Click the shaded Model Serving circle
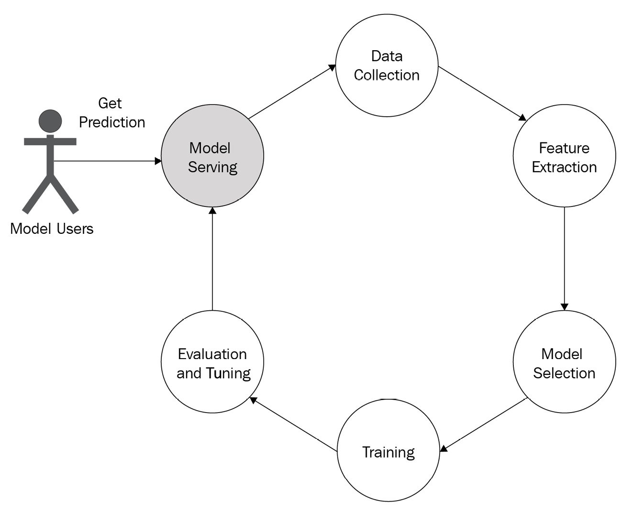click(x=212, y=155)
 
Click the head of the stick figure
click(x=50, y=121)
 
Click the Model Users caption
click(x=52, y=229)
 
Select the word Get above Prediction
click(x=110, y=103)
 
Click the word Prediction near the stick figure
click(x=112, y=122)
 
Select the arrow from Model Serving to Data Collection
click(x=292, y=92)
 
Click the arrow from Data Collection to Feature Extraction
click(x=482, y=94)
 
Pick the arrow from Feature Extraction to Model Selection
click(x=565, y=259)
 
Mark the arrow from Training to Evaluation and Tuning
click(x=294, y=424)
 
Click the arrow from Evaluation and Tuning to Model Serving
click(x=212, y=259)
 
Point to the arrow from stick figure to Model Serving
click(x=108, y=161)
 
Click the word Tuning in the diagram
click(x=228, y=373)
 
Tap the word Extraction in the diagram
click(x=564, y=167)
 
